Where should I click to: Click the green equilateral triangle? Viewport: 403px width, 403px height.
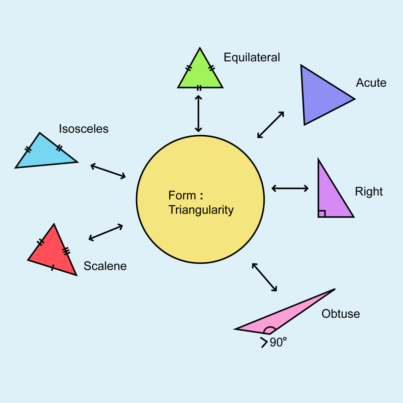[200, 74]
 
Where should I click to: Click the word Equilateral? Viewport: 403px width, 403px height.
[252, 57]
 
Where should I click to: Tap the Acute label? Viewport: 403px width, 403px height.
[371, 83]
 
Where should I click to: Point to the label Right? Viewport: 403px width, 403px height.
[369, 191]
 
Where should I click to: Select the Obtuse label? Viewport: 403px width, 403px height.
[341, 314]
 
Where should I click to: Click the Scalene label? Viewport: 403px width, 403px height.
[105, 266]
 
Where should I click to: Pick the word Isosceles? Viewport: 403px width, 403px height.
[84, 129]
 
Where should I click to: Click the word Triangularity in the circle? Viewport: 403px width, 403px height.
[201, 210]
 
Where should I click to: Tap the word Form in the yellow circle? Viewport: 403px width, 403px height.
[182, 195]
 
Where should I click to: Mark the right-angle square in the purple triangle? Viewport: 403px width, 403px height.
[322, 214]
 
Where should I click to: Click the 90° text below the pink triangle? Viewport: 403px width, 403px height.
[278, 342]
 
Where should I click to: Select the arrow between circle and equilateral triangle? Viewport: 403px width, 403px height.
[198, 114]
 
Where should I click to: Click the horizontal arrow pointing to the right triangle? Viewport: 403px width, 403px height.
[290, 188]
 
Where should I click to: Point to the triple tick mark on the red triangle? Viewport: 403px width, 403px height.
[66, 251]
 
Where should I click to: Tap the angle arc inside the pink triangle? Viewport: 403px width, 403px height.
[270, 330]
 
